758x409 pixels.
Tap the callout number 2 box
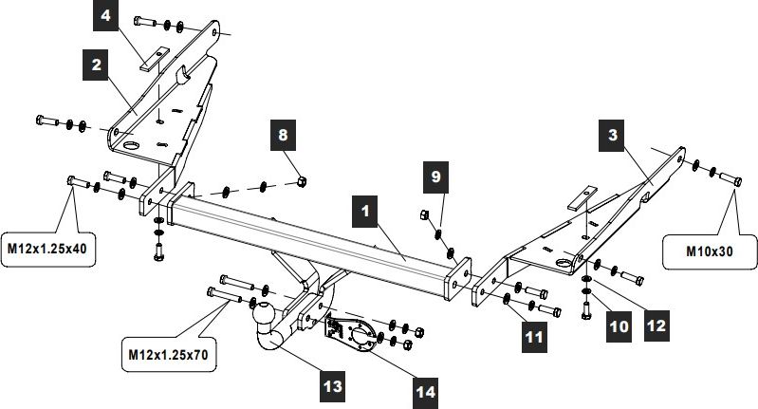[97, 65]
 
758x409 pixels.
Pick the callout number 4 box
[107, 16]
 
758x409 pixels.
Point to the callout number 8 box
[282, 136]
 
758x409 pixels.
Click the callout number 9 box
[435, 177]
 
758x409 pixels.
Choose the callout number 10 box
[619, 326]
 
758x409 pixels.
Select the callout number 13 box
[332, 386]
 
